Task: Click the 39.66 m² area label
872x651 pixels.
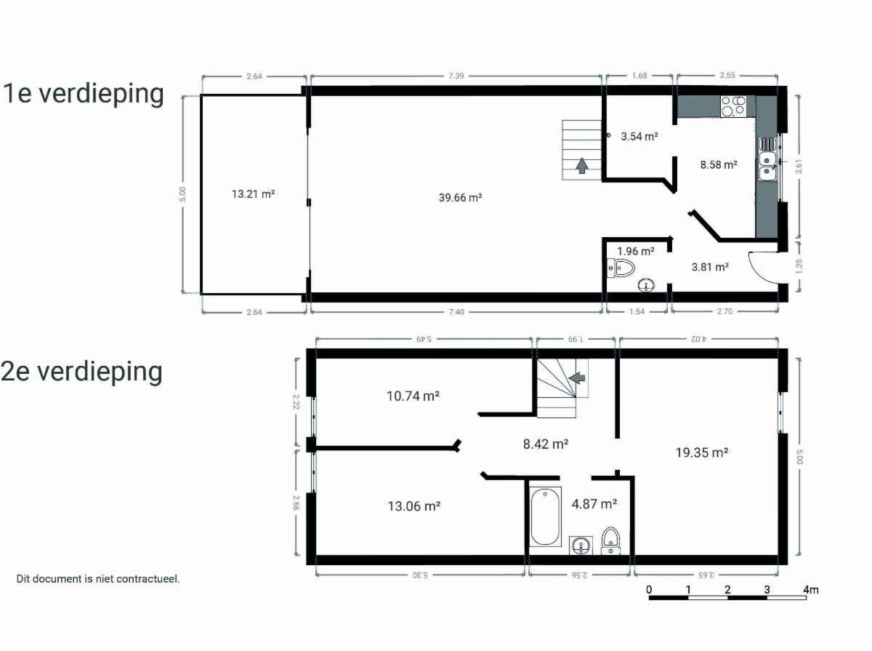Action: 461,198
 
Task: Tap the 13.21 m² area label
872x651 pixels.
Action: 254,194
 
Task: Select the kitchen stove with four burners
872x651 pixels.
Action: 733,106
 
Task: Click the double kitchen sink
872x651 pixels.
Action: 768,159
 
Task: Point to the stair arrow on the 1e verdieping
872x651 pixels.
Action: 582,165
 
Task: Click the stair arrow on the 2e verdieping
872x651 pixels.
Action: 577,378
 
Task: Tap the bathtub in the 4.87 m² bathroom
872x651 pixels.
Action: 545,516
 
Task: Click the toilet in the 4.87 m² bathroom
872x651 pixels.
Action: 610,540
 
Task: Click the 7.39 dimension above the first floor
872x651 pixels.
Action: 456,76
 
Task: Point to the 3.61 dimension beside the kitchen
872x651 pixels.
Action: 799,167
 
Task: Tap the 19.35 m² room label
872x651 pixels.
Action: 702,452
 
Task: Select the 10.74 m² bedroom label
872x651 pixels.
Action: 413,396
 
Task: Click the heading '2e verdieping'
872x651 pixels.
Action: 81,372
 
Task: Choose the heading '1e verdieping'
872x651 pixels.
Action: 83,94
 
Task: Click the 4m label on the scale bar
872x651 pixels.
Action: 810,589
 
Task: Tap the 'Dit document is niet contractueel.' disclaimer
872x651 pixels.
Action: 98,578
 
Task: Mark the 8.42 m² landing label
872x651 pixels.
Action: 546,444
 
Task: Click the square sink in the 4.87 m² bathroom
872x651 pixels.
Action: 581,546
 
